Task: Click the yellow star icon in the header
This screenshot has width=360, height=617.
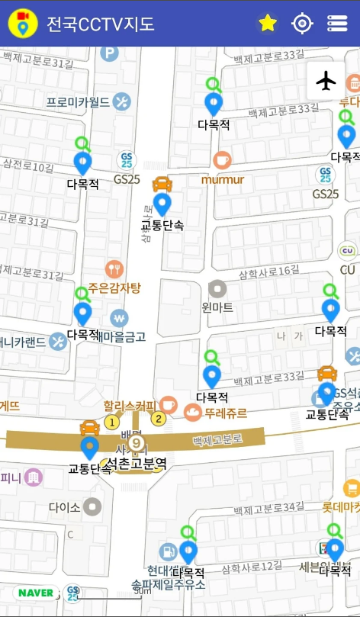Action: pyautogui.click(x=267, y=24)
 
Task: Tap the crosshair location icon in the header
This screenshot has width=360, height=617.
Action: pyautogui.click(x=303, y=24)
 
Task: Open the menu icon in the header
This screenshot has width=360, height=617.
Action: pyautogui.click(x=337, y=24)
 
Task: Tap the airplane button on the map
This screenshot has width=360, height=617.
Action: pyautogui.click(x=326, y=80)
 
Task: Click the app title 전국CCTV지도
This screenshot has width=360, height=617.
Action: pyautogui.click(x=100, y=24)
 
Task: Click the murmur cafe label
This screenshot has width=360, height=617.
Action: pyautogui.click(x=223, y=180)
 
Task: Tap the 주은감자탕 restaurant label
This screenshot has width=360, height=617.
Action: pyautogui.click(x=114, y=288)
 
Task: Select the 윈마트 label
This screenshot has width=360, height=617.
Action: pyautogui.click(x=217, y=307)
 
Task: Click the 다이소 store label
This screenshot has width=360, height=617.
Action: pyautogui.click(x=64, y=506)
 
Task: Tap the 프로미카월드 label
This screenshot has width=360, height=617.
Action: pyautogui.click(x=78, y=102)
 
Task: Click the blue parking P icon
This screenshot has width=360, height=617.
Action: pyautogui.click(x=110, y=53)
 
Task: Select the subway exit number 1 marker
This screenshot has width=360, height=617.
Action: pyautogui.click(x=112, y=422)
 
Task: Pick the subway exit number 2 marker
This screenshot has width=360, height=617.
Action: pyautogui.click(x=159, y=417)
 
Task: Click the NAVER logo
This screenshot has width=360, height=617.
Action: pyautogui.click(x=36, y=593)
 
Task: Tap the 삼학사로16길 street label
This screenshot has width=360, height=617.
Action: pyautogui.click(x=268, y=272)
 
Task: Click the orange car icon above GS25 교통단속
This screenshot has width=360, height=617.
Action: pyautogui.click(x=327, y=373)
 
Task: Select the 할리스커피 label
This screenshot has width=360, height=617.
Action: pyautogui.click(x=130, y=405)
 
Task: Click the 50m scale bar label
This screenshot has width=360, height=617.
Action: pyautogui.click(x=142, y=590)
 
